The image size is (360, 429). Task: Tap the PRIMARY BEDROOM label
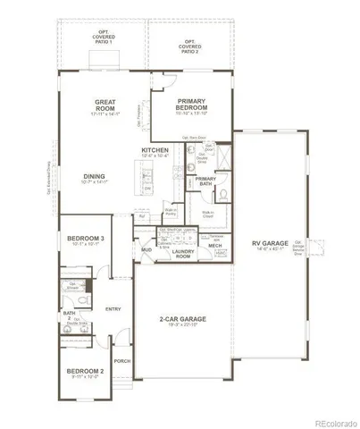click(192, 105)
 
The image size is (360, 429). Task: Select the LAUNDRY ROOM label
click(183, 255)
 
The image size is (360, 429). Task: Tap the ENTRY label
click(113, 309)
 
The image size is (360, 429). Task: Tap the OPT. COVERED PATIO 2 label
click(191, 45)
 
